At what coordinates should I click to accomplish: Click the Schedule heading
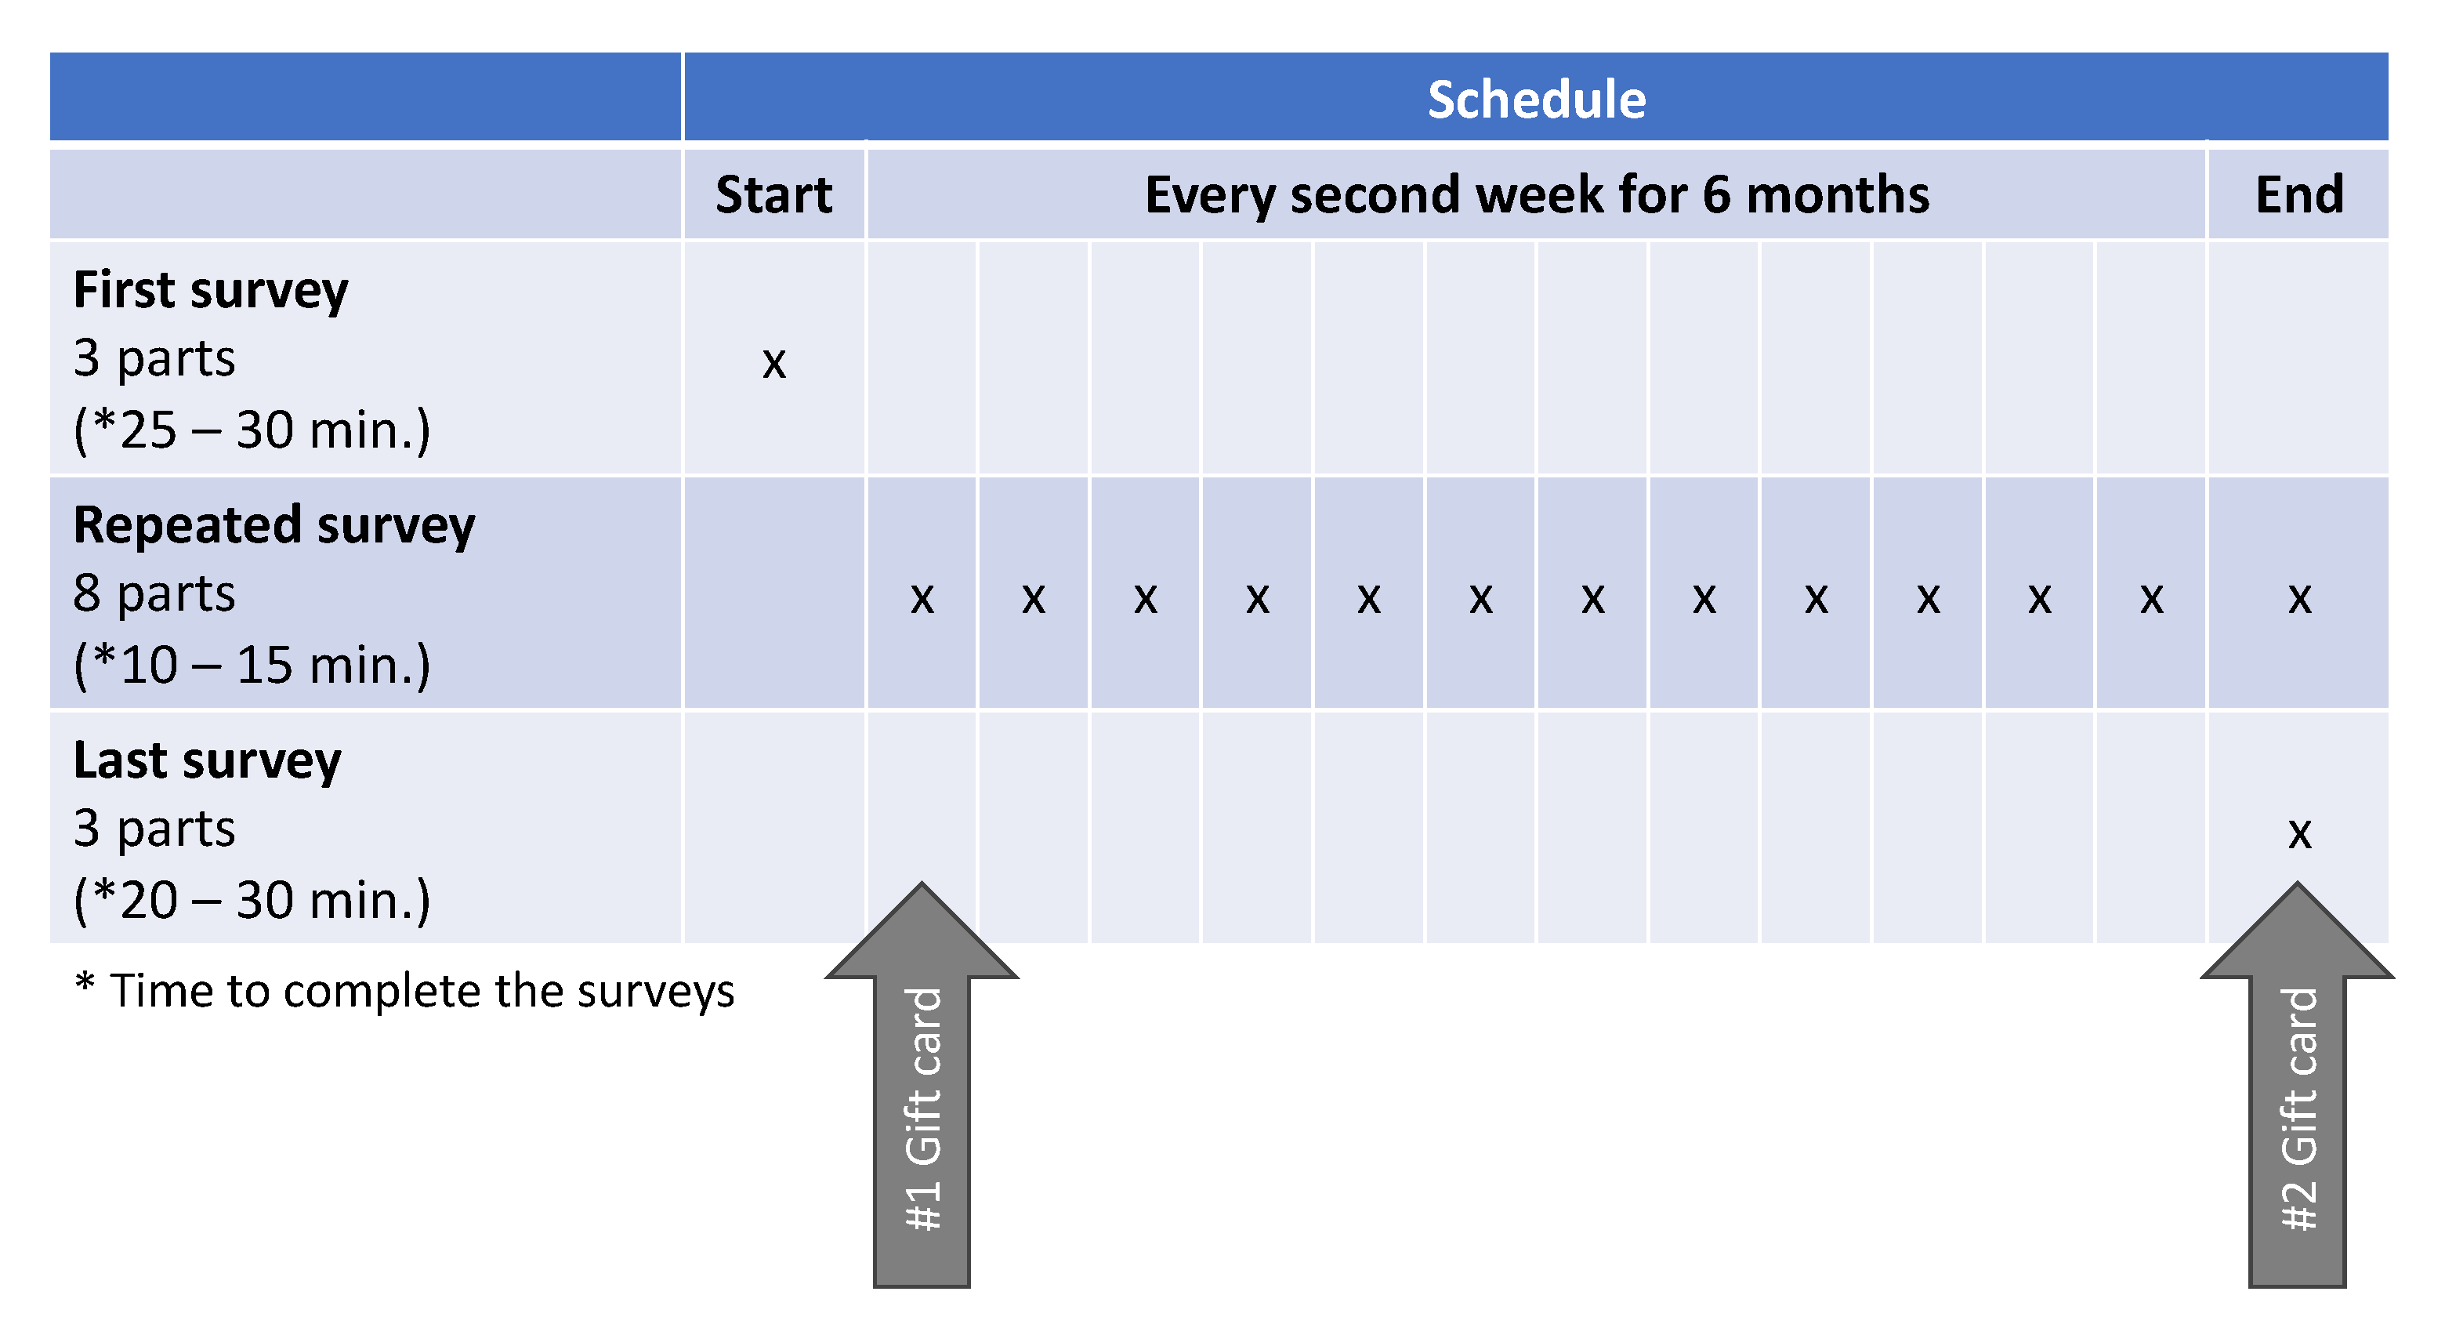(1536, 99)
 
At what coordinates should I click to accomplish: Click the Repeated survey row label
(273, 525)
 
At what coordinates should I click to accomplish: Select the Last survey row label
(207, 760)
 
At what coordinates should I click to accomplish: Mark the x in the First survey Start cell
(773, 361)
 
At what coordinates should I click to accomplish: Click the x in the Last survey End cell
(2298, 833)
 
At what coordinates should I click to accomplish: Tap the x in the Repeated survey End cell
(2298, 597)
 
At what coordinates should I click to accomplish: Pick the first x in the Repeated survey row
(922, 597)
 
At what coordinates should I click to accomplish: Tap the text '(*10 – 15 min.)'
(252, 665)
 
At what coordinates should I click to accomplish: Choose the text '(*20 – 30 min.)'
(252, 900)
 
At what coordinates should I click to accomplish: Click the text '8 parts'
(154, 594)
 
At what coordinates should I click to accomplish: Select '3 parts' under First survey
(154, 359)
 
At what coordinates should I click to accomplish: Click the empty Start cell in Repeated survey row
(773, 593)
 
